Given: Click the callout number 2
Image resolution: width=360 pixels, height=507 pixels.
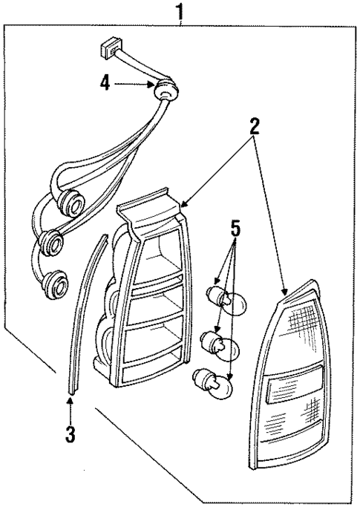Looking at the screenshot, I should pyautogui.click(x=255, y=125).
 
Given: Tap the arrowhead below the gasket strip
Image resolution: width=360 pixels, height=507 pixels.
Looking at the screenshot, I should pyautogui.click(x=70, y=403).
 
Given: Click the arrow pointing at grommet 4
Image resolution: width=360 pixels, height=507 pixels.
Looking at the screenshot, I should pyautogui.click(x=137, y=85).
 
